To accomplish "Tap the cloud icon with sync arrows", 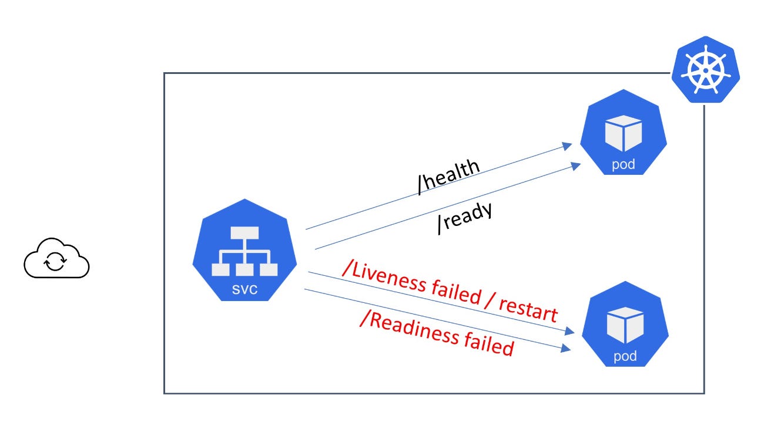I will click(x=56, y=258).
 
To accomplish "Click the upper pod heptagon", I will click(x=624, y=133).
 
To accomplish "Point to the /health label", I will click(x=448, y=175).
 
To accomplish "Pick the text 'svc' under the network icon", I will click(x=244, y=290).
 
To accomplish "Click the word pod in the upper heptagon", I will click(x=624, y=164).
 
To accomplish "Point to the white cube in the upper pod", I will click(x=624, y=133).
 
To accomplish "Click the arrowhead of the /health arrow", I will click(x=568, y=145).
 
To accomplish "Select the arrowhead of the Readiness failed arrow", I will click(x=567, y=349).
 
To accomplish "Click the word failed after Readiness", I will click(x=488, y=345).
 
